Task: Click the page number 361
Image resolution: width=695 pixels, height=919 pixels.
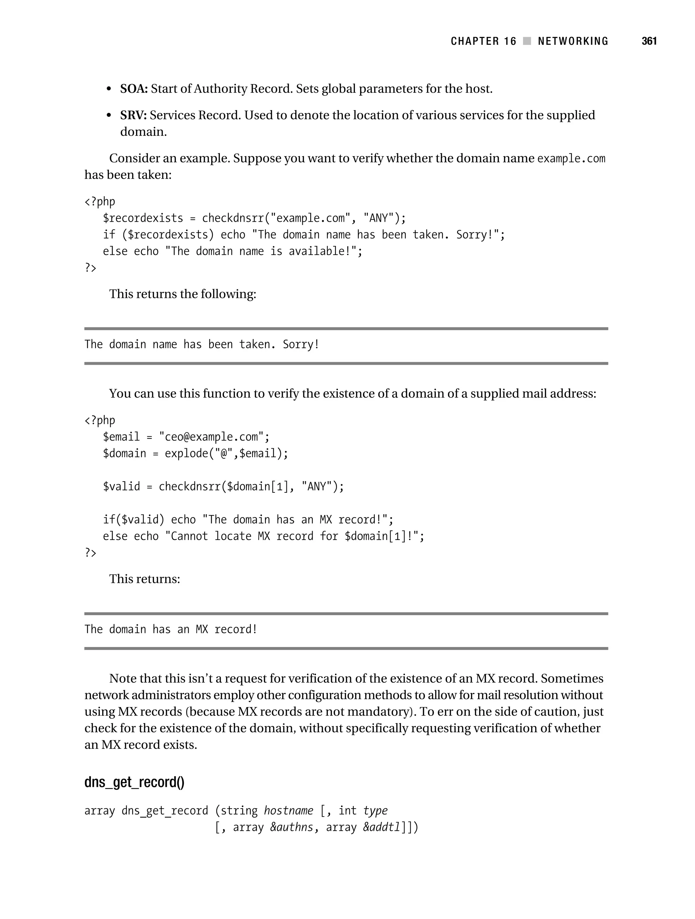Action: coord(649,41)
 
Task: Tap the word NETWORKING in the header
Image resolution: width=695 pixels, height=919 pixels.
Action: coord(572,41)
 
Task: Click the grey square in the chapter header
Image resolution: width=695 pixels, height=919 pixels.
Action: coord(527,41)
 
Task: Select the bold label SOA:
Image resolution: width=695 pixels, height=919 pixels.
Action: coord(134,89)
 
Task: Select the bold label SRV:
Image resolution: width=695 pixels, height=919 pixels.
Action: coord(133,115)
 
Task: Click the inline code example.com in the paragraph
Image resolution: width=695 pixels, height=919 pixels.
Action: coord(571,159)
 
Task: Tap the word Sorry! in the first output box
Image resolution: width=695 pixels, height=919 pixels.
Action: coord(301,344)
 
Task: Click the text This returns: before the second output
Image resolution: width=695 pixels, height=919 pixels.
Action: coord(145,579)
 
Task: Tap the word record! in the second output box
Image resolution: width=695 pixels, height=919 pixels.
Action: coord(236,629)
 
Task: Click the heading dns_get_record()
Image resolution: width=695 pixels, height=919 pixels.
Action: coord(134,782)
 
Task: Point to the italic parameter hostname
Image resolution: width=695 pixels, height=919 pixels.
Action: coord(288,811)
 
